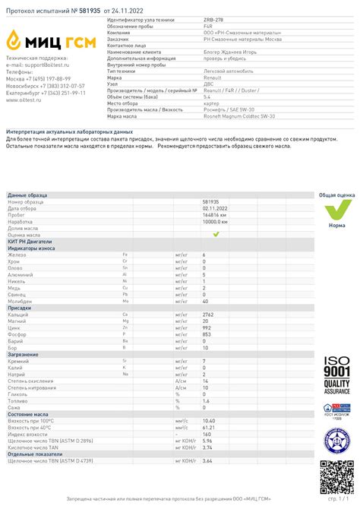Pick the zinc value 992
[x=207, y=327]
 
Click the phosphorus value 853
[x=207, y=334]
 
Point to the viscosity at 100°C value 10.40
[x=209, y=420]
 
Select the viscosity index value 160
[x=207, y=434]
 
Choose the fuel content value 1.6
[x=206, y=400]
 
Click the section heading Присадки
[x=20, y=307]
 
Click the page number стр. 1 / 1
[x=339, y=500]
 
